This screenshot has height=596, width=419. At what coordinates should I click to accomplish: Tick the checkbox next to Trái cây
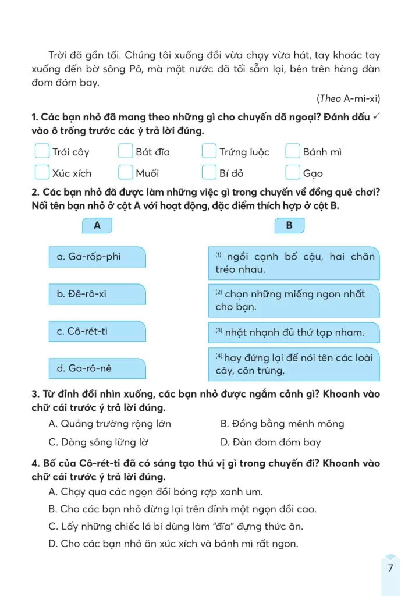[x=42, y=151]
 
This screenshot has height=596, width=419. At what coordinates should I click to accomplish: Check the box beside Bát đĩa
[x=126, y=151]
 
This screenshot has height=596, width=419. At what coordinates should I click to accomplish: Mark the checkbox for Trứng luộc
[x=210, y=151]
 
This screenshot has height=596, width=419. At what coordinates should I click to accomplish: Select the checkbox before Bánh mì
[x=293, y=151]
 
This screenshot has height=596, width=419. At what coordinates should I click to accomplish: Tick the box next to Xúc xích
[x=42, y=172]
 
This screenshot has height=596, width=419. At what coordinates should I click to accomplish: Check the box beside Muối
[x=126, y=172]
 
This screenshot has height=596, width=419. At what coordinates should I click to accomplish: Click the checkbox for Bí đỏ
[x=210, y=172]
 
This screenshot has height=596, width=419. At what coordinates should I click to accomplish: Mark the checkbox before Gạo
[x=293, y=172]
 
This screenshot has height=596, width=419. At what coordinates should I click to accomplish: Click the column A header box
[x=97, y=226]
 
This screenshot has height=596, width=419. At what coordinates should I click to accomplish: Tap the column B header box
[x=289, y=226]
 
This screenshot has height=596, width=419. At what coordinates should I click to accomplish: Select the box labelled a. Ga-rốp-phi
[x=97, y=257]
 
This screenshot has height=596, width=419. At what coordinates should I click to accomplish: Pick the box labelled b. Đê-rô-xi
[x=97, y=294]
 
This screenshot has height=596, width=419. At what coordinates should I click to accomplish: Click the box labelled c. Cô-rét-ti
[x=97, y=332]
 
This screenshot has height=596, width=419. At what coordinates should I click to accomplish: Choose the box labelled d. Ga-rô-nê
[x=97, y=368]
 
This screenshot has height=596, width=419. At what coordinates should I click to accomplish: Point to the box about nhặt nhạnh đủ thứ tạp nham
[x=293, y=332]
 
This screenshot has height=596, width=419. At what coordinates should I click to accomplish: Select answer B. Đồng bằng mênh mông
[x=282, y=424]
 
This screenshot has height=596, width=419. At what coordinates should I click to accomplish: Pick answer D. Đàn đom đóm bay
[x=271, y=442]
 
